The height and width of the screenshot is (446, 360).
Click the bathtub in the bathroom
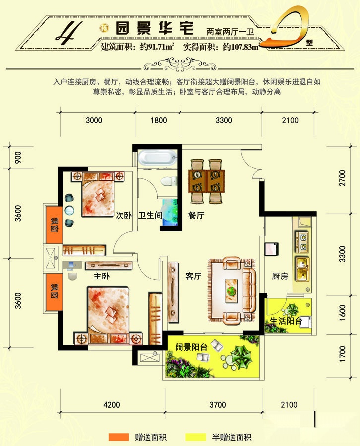coord(157,157)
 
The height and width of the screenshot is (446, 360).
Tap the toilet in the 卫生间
coord(168,181)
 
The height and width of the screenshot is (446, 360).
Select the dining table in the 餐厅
coord(207,181)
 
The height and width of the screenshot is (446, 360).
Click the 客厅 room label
coord(193,276)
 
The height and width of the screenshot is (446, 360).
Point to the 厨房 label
coord(280,276)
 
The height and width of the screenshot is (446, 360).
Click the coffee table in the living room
coord(231,291)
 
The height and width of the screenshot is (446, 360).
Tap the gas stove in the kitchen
coord(302,241)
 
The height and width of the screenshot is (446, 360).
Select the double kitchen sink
coord(302,269)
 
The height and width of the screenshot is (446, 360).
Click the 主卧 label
coord(101,276)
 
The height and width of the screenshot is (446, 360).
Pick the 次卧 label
coord(124,215)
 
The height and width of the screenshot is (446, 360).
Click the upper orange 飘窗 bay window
coord(54,224)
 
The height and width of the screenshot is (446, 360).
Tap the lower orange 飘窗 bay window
coord(54,292)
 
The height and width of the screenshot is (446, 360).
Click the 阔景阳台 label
coord(191,347)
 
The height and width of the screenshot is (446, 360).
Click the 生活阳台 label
coord(286,321)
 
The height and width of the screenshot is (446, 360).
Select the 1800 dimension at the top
coord(159,120)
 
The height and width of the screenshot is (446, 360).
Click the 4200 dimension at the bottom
coord(112,405)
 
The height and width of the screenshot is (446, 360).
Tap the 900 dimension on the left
coord(18,157)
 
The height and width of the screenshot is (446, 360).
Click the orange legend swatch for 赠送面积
coord(119,437)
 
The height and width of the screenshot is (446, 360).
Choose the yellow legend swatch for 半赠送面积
coord(195,437)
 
